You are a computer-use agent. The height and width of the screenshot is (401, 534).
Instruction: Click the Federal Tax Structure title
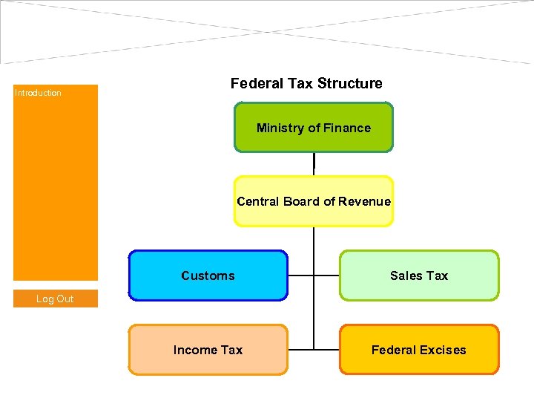click(x=306, y=84)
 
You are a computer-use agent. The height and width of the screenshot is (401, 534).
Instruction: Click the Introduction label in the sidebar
click(x=38, y=93)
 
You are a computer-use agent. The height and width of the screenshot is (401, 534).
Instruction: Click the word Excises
click(x=443, y=350)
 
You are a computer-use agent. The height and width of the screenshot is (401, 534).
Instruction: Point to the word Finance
click(x=346, y=128)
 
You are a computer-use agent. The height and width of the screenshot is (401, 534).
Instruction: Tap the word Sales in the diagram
click(x=406, y=276)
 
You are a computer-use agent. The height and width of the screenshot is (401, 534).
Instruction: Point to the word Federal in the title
click(x=254, y=84)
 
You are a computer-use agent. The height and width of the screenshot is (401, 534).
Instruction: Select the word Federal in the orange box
click(x=393, y=350)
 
